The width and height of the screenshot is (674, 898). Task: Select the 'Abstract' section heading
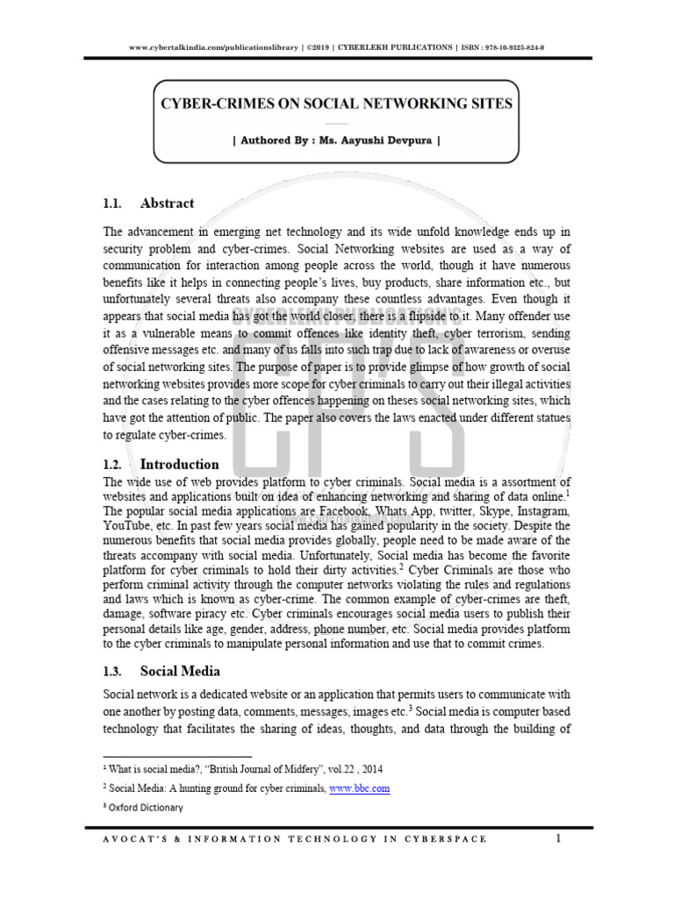(x=167, y=203)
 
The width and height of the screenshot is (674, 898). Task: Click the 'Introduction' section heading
(x=179, y=464)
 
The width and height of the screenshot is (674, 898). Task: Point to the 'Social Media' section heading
(x=176, y=672)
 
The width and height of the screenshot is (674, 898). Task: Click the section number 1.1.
(x=111, y=203)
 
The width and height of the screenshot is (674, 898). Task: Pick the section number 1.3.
(x=111, y=672)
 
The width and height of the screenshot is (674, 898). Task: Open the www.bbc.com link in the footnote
(x=360, y=788)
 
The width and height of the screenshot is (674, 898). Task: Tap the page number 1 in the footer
(x=557, y=839)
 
